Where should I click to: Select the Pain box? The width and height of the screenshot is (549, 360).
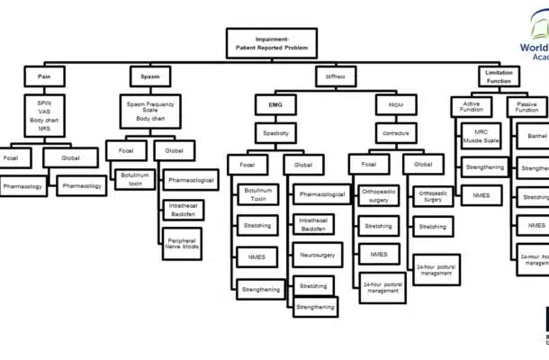pos(44,76)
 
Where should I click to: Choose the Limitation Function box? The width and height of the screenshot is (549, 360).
pos(499,76)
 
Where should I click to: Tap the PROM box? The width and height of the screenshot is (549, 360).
pos(395,106)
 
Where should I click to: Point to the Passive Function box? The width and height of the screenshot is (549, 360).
pos(527,107)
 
